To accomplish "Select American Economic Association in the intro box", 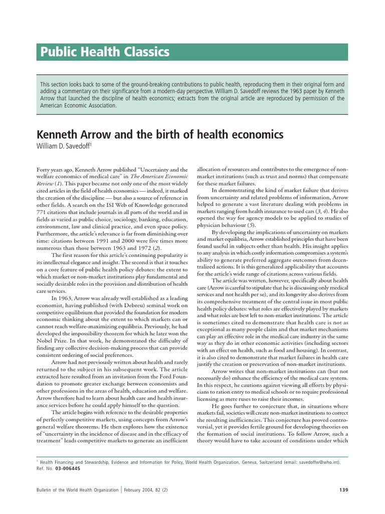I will [78, 105].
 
